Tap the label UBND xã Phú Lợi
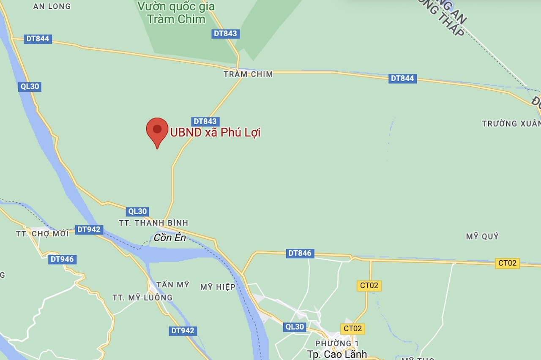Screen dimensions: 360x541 pos(215,133)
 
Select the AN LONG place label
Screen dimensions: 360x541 pos(52,6)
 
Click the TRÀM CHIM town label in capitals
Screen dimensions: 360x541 pos(248,74)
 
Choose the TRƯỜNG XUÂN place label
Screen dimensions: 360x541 pos(511,124)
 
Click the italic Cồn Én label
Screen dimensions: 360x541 pos(169,238)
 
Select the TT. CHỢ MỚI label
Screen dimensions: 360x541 pos(42,234)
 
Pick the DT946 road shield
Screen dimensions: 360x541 pos(62,259)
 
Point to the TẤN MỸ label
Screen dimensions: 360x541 pos(172,285)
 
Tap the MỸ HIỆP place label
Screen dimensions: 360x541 pos(218,287)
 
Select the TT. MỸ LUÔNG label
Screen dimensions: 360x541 pos(142,297)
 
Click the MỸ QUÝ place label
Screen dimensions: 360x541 pos(482,237)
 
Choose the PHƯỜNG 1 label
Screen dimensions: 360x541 pos(337,343)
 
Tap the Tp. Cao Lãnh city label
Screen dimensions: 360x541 pos(337,354)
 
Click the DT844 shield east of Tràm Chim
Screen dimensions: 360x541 pos(402,79)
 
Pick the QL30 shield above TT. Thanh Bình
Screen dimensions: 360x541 pos(137,212)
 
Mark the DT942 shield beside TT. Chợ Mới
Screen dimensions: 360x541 pos(89,230)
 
